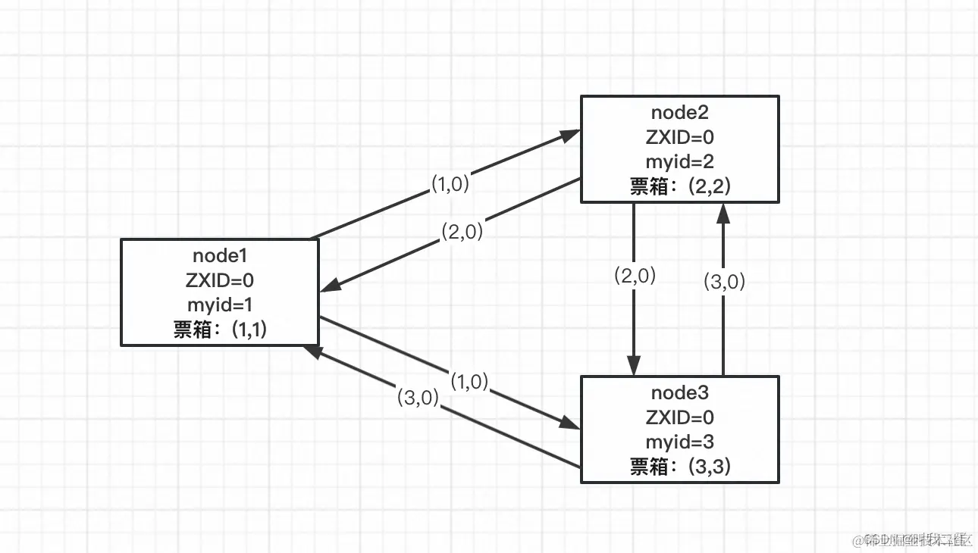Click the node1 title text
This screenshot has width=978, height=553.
click(219, 255)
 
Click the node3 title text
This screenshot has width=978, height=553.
click(679, 392)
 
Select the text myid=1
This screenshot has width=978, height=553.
click(219, 305)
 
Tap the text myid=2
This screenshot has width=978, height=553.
click(679, 161)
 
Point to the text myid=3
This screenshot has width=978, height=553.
click(679, 442)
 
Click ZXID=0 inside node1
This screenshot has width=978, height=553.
click(219, 280)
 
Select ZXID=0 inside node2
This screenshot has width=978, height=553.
click(679, 137)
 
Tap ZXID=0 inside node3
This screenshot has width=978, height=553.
click(679, 417)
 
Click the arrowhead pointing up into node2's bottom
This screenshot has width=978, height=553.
click(723, 212)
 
